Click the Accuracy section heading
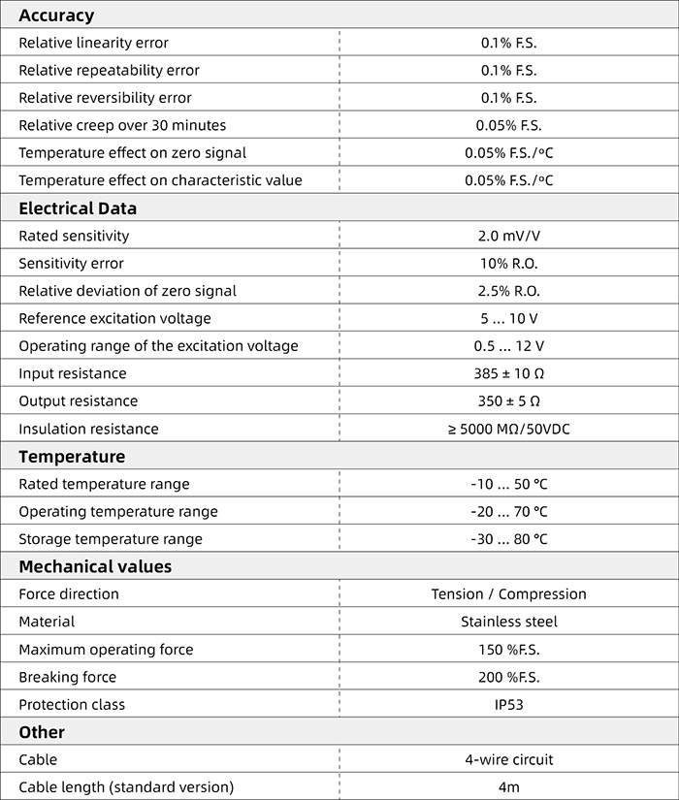pos(56,16)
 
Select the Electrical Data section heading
pos(78,208)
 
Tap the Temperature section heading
pos(72,457)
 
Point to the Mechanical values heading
pos(95,566)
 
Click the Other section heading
pos(42,732)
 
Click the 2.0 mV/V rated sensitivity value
pos(508,236)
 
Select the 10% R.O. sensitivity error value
pos(508,264)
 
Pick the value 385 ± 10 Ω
pos(508,373)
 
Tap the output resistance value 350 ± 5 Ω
pos(508,401)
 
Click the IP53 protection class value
pos(508,705)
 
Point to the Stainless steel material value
pos(508,622)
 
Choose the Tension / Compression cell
pos(508,594)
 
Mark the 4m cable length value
pos(508,787)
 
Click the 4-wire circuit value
pos(508,760)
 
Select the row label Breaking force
pos(67,677)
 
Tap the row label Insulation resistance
pos(88,429)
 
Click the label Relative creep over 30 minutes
pos(122,125)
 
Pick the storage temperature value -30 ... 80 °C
pos(508,539)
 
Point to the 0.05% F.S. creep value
pos(508,125)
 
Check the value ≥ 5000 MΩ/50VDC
pos(508,429)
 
